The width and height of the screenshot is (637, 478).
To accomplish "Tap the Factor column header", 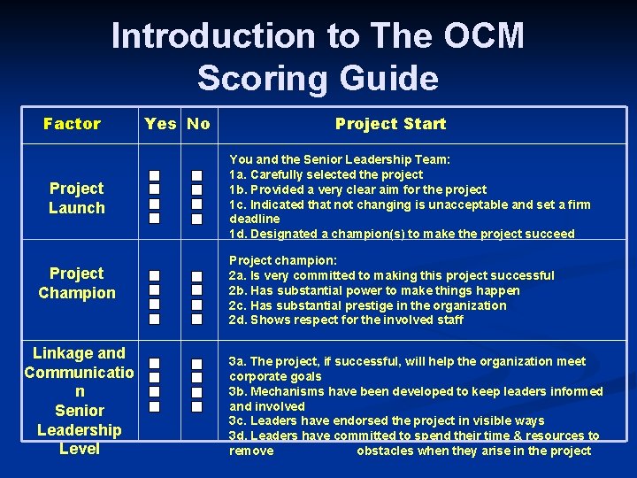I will pyautogui.click(x=73, y=124).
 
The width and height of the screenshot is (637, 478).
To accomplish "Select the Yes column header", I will pyautogui.click(x=160, y=124).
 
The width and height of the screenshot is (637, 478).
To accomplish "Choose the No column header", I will pyautogui.click(x=199, y=124).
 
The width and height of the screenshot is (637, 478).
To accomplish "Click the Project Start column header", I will pyautogui.click(x=390, y=124).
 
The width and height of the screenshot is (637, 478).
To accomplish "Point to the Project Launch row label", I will pyautogui.click(x=76, y=197).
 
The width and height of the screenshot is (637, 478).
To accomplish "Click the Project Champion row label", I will pyautogui.click(x=76, y=283).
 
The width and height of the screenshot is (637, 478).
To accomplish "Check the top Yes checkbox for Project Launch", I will pyautogui.click(x=154, y=175).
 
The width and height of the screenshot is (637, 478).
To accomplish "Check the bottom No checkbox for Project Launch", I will pyautogui.click(x=197, y=218).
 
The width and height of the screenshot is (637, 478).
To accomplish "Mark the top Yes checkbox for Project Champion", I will pyautogui.click(x=154, y=276).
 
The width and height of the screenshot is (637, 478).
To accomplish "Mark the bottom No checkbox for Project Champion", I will pyautogui.click(x=197, y=319).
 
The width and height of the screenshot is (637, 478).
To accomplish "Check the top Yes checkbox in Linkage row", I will pyautogui.click(x=154, y=364).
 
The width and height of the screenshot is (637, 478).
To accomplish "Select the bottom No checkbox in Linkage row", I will pyautogui.click(x=197, y=406).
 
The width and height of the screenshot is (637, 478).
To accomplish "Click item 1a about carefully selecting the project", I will pyautogui.click(x=326, y=174).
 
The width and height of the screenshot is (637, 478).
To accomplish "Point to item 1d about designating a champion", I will pyautogui.click(x=402, y=234).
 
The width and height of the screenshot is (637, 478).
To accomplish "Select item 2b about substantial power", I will pyautogui.click(x=374, y=290).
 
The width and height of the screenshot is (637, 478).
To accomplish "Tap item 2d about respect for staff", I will pyautogui.click(x=346, y=320).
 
